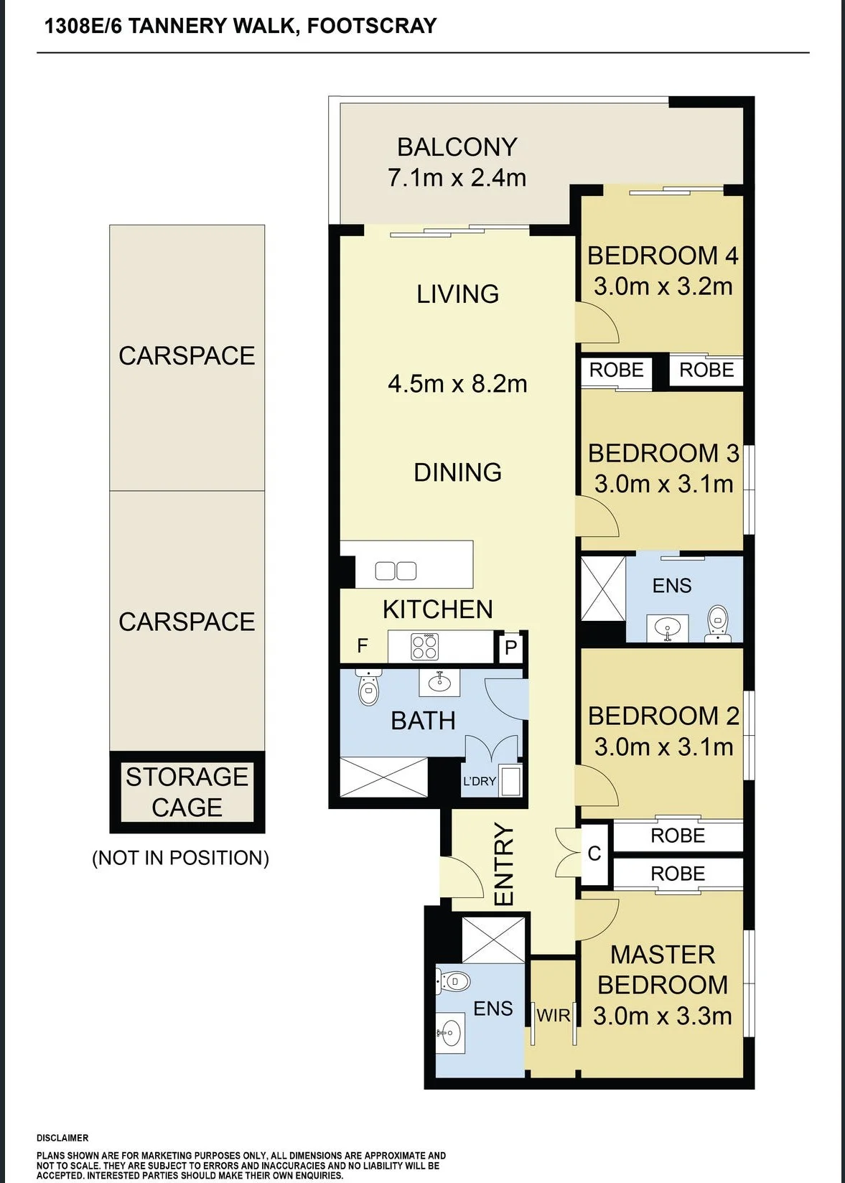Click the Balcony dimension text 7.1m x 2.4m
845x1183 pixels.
coord(457,177)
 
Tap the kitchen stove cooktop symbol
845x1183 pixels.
coord(425,647)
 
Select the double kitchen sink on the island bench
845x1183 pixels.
coord(396,571)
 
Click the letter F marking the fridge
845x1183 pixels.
coord(363,645)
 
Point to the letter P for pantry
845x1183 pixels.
coord(510,647)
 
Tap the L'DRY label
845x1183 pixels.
coord(480,780)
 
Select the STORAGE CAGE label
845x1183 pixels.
coord(187,792)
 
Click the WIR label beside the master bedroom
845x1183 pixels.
coord(554,1015)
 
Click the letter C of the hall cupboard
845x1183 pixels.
coord(594,854)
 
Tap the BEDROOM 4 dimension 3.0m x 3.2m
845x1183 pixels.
coord(663,287)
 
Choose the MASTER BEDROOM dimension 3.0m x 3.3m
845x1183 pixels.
coord(663,1016)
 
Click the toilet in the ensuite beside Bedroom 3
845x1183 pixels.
coord(717,623)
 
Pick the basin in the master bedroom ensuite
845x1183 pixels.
coord(451,1029)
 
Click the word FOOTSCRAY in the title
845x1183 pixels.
coord(372,26)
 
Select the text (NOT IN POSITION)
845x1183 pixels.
coord(181,858)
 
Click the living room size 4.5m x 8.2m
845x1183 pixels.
coord(457,384)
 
